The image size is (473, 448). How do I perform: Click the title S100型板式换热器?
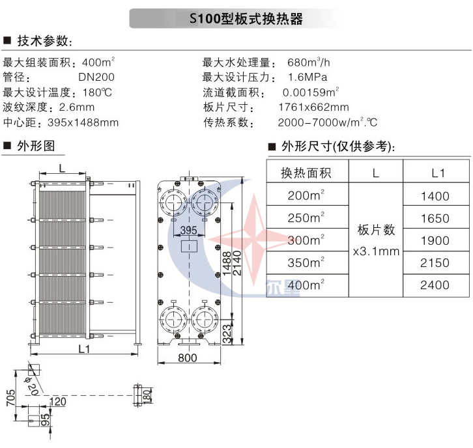point(246,19)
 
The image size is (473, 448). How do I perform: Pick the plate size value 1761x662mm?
point(313,107)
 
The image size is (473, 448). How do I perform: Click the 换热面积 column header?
point(306,173)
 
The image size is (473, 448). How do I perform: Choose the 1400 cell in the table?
point(436,196)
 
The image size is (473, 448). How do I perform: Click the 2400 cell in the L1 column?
point(436,285)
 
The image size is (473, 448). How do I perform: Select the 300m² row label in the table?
point(307,240)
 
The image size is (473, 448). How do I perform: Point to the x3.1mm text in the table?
point(376,251)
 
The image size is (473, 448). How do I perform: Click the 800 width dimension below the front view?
point(187,358)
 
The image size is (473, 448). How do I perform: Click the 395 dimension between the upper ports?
point(188,231)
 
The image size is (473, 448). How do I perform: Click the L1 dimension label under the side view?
point(85,349)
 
